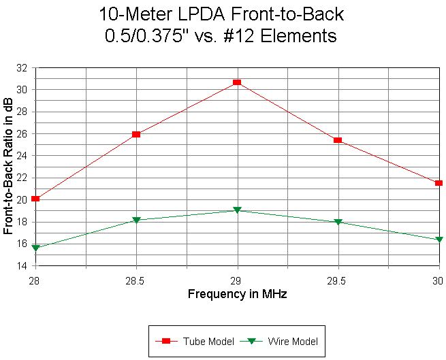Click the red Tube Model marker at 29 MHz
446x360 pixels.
tap(237, 82)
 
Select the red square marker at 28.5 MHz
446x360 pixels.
tap(136, 134)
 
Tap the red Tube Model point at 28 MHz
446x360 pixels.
tap(35, 199)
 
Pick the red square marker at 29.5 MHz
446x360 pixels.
tap(338, 140)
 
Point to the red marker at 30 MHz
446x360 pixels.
tap(439, 183)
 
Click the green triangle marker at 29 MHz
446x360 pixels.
tap(237, 210)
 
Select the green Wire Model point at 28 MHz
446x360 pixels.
tap(35, 248)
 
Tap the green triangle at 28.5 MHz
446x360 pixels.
tap(136, 220)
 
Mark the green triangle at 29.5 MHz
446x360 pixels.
tap(338, 222)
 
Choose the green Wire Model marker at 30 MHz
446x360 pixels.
tap(439, 240)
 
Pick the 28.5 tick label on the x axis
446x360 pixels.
tap(136, 280)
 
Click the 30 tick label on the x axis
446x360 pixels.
tap(438, 280)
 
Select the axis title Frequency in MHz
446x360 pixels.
tap(237, 294)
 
